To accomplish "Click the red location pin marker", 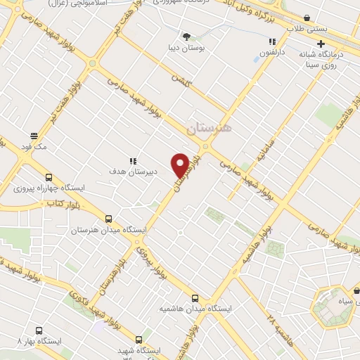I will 181,165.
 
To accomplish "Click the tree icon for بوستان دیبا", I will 186,36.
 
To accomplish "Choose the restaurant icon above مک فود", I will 33,136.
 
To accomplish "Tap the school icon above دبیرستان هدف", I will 132,161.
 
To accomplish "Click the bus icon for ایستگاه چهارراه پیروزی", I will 49,177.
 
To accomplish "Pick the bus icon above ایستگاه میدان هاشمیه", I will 195,297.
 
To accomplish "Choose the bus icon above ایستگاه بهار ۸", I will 39,330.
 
